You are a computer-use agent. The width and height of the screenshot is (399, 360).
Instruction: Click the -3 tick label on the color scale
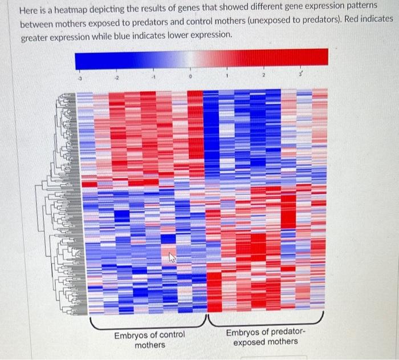click(80, 78)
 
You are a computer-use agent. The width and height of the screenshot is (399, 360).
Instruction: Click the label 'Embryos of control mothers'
click(150, 339)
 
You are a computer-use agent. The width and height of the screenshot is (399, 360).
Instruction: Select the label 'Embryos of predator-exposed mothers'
click(266, 337)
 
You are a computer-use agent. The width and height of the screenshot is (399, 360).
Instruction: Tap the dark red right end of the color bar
click(323, 56)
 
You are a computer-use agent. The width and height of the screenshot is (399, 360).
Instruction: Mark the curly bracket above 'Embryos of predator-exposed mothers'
click(266, 320)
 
